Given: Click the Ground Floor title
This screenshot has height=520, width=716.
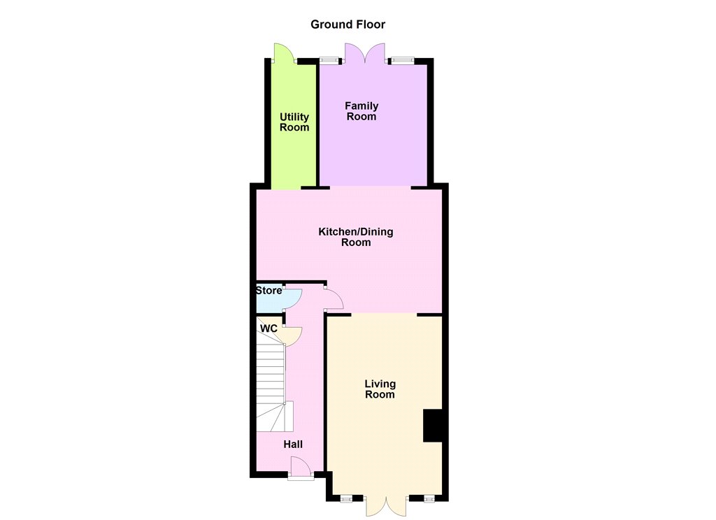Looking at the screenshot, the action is point(348,24).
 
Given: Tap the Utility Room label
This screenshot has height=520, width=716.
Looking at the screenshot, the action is point(294,122).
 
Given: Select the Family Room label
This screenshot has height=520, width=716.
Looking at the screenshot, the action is point(361,111).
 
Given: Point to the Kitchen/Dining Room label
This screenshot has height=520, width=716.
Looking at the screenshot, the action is point(356,237).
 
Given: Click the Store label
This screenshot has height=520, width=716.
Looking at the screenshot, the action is point(268,290).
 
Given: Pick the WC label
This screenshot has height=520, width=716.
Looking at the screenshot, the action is point(268,328).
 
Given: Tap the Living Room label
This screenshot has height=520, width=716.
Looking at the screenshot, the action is point(380,389).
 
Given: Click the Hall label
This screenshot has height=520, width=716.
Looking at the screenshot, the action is point(293,445).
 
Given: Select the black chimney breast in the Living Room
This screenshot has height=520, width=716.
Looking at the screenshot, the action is point(433,426).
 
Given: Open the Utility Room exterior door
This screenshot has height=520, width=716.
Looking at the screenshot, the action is point(284,52).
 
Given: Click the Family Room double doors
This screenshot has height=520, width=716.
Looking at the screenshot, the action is point(364,53).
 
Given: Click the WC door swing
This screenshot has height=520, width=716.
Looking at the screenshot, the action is point(293,336).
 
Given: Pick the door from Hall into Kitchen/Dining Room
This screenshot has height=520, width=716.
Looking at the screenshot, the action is point(334,298).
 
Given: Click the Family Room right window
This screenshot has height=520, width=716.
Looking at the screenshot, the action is point(402,60).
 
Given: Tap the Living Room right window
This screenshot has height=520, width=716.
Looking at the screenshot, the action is point(429,499).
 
